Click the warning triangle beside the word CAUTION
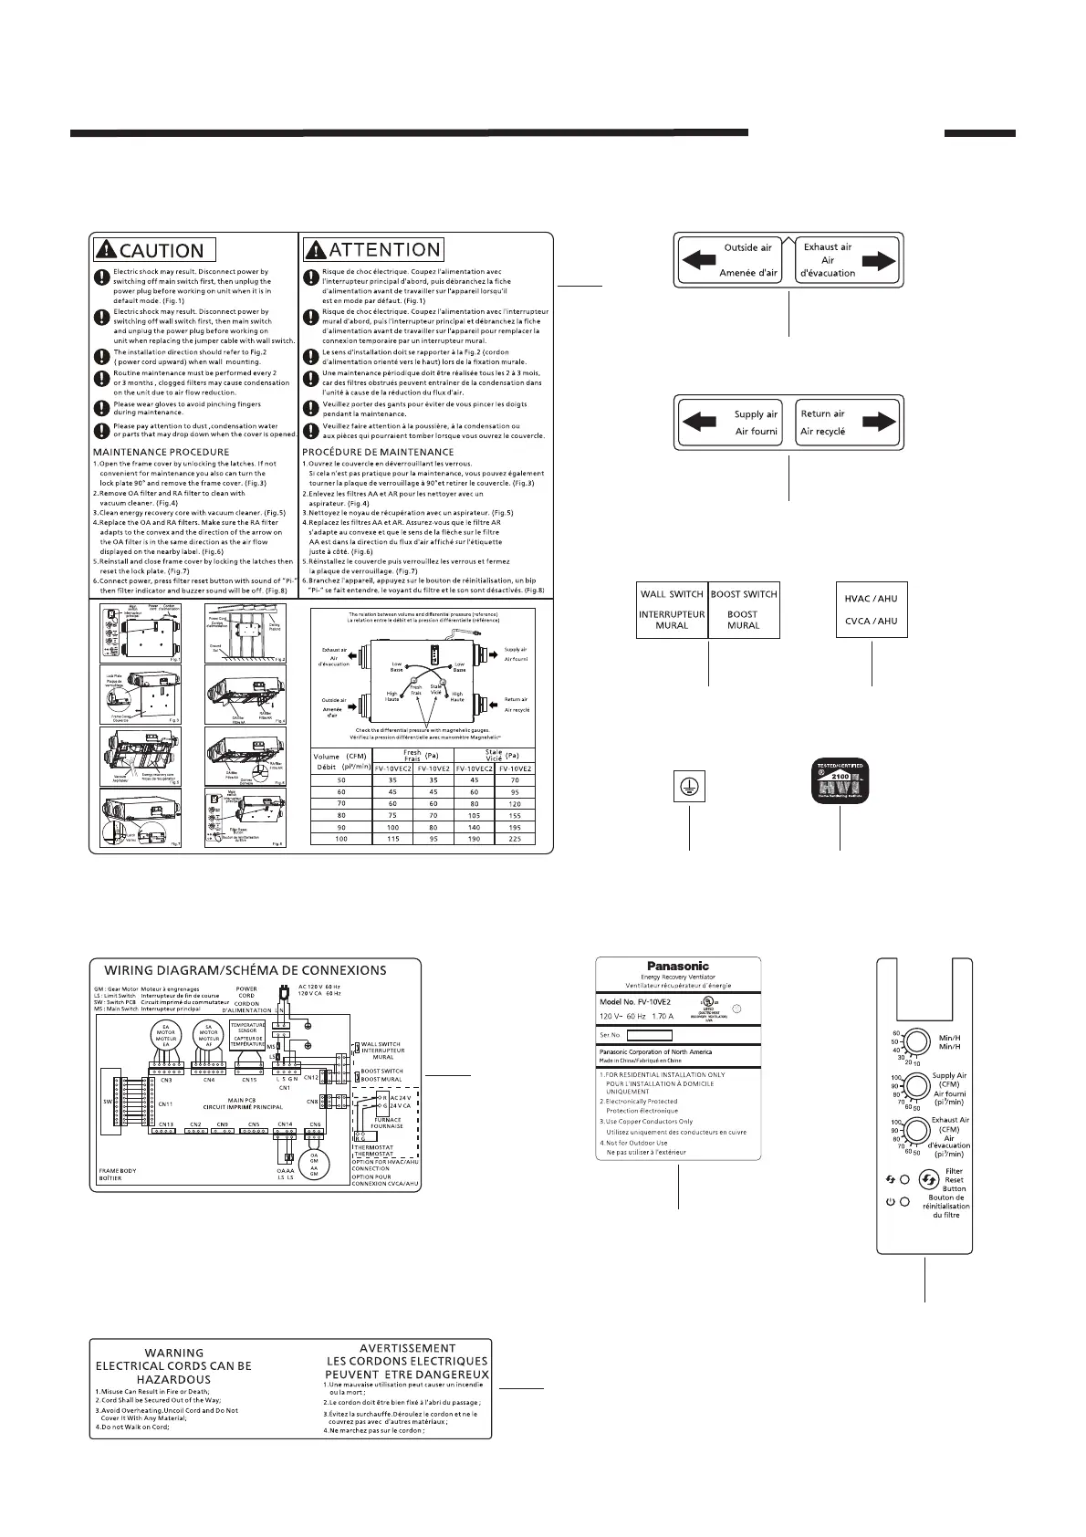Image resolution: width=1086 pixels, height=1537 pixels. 106,249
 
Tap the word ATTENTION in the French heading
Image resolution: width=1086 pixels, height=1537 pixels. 383,249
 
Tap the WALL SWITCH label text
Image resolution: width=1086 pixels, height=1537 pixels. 673,594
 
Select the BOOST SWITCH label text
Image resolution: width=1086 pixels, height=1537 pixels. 744,594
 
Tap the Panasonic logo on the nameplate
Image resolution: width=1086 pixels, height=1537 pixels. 677,966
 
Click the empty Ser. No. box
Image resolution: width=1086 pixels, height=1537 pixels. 651,1035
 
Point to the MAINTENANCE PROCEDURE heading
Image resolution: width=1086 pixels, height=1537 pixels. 162,452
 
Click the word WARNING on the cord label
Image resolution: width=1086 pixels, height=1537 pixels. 174,1353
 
